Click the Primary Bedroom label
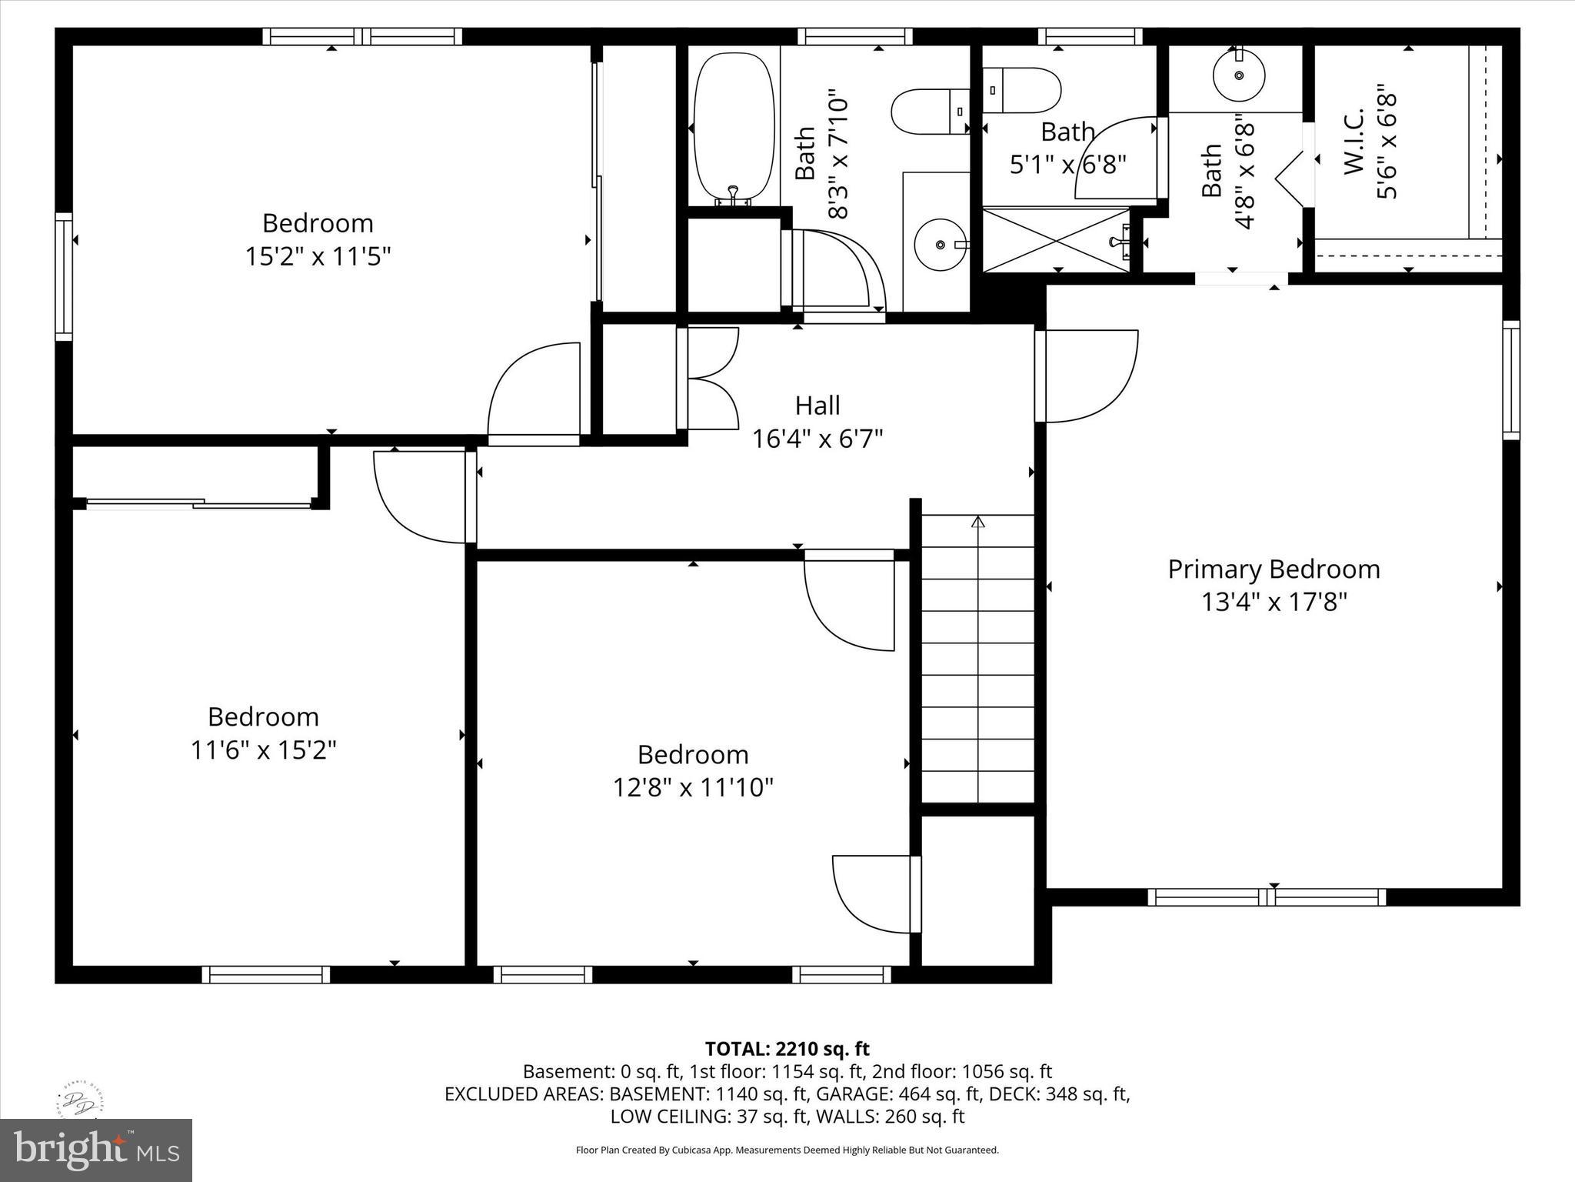(1274, 569)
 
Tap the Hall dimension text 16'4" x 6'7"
(817, 439)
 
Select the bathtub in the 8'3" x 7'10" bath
(734, 126)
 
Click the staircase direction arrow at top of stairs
(977, 523)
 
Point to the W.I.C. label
(1354, 142)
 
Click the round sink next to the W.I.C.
(1239, 75)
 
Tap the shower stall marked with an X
(1057, 239)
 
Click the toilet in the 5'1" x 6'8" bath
(1022, 89)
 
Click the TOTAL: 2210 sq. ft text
(787, 1049)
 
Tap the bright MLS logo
(96, 1149)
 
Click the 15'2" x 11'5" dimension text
(318, 256)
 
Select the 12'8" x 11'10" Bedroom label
(692, 755)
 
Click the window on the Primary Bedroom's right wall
(1510, 380)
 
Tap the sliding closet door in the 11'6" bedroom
(198, 504)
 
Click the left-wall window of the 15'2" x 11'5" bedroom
(64, 277)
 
